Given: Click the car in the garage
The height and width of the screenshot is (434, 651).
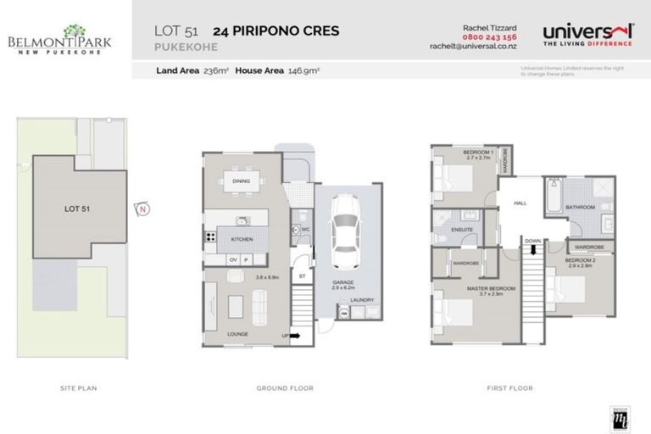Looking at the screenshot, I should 346,228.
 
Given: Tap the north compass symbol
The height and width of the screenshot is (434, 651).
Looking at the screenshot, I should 142,209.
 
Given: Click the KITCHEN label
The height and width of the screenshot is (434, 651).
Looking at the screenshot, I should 242,239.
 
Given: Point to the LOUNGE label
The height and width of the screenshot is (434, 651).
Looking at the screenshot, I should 237,334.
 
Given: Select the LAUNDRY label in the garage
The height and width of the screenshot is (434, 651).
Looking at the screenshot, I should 364,298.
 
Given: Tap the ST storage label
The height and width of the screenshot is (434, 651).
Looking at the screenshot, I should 301,275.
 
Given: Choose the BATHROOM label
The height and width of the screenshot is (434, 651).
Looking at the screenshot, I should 581,207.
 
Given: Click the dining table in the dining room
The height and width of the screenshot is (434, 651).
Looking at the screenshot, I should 242,181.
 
